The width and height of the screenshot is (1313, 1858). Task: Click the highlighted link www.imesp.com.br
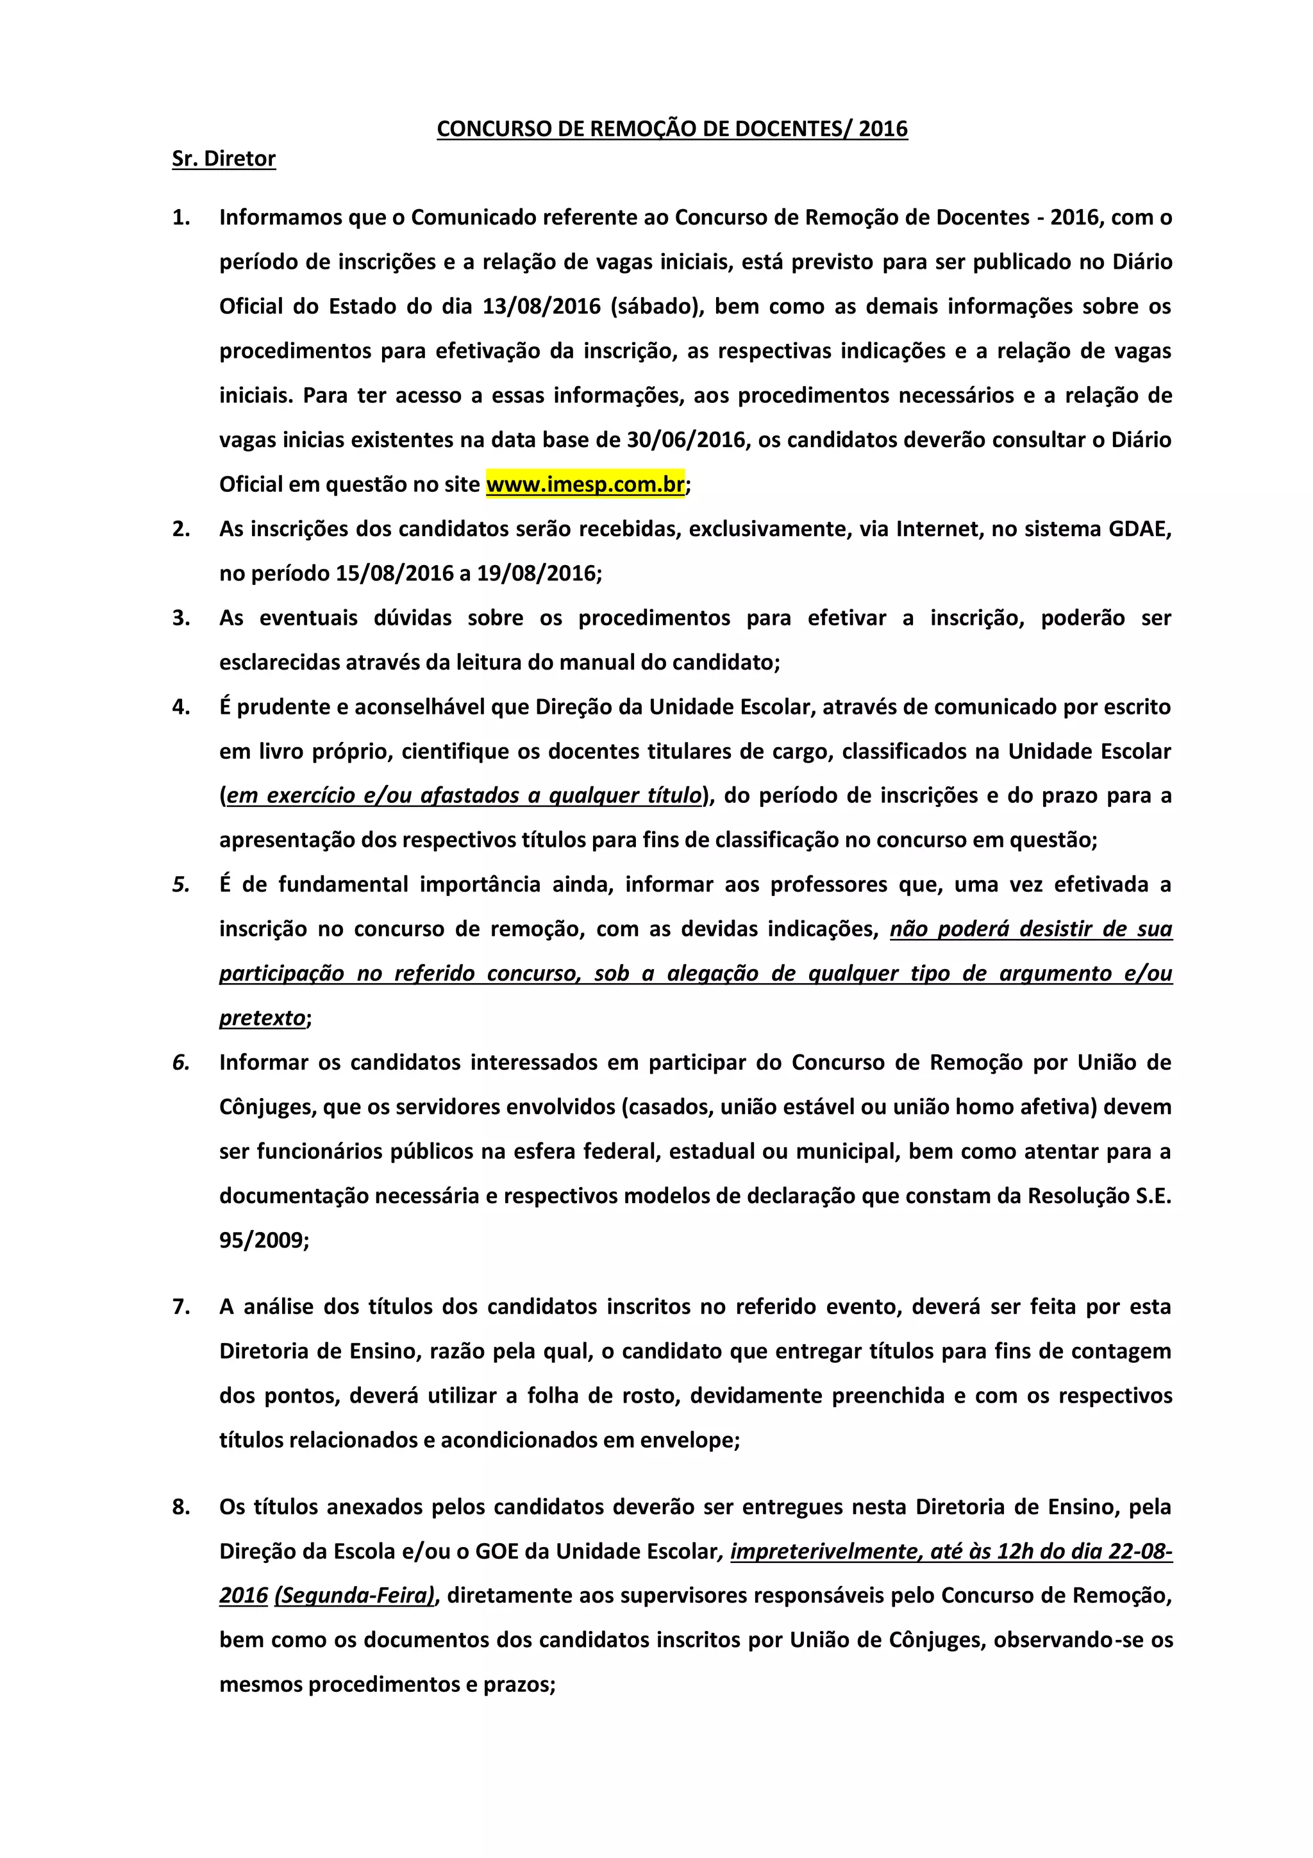point(585,484)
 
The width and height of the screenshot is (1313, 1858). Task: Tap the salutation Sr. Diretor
point(223,158)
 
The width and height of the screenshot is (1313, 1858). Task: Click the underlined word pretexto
point(262,1017)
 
